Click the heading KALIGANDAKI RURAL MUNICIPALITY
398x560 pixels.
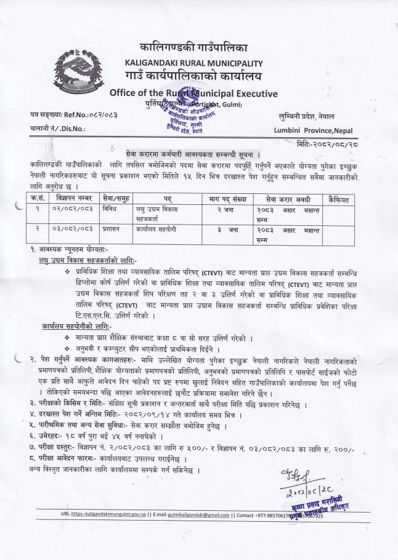[193, 63]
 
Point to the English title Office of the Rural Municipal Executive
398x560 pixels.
[193, 94]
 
